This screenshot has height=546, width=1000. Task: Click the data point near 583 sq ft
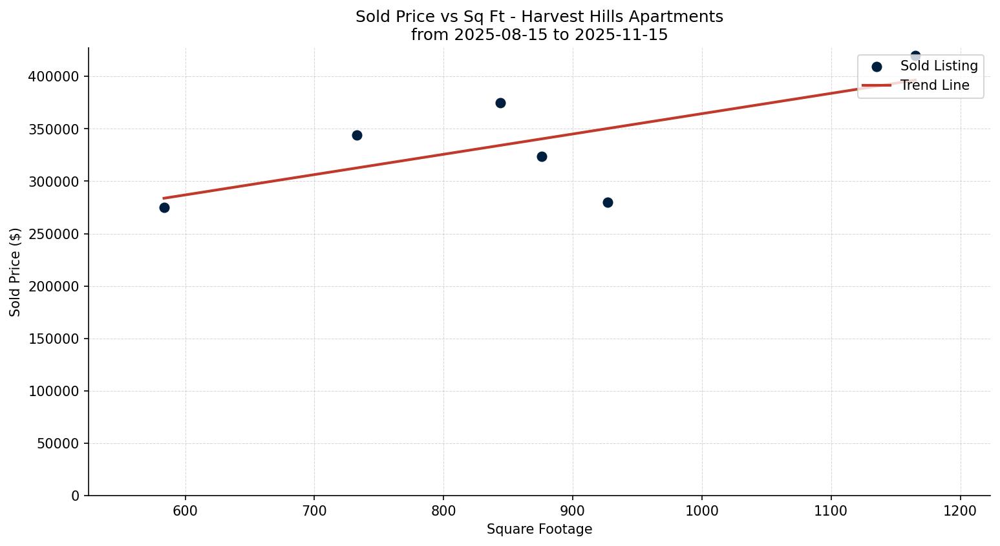(x=164, y=207)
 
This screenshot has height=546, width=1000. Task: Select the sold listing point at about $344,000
(x=357, y=135)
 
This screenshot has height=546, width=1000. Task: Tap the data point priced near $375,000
(x=500, y=103)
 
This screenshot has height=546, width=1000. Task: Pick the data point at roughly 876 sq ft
(x=542, y=156)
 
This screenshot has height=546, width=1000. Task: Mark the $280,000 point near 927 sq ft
(x=608, y=202)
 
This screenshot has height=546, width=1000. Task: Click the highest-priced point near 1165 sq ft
(x=915, y=56)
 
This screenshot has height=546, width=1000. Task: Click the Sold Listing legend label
(x=939, y=66)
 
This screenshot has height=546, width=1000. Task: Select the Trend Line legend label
(x=935, y=85)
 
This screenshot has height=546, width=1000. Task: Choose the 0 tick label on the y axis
(x=75, y=496)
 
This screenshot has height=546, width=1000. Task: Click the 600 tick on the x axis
(x=186, y=511)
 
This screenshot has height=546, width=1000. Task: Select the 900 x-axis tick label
(x=573, y=511)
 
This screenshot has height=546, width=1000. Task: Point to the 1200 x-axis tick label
(x=960, y=511)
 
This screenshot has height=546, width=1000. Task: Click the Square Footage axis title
(x=539, y=530)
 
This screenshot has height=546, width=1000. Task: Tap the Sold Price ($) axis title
(x=16, y=272)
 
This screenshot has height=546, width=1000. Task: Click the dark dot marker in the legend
(x=877, y=67)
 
